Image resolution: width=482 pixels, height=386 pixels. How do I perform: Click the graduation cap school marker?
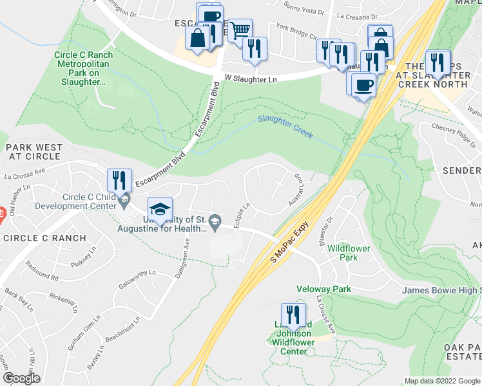click(160, 210)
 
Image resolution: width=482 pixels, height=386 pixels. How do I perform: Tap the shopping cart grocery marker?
click(240, 30)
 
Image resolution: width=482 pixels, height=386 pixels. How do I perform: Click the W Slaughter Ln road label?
click(251, 78)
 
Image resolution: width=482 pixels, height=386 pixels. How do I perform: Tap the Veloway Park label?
click(323, 289)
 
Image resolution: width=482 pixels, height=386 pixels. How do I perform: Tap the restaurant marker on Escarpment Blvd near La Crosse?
click(119, 180)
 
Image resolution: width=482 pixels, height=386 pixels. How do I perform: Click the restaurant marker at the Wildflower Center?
click(293, 315)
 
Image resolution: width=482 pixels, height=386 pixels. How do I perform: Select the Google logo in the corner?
click(21, 378)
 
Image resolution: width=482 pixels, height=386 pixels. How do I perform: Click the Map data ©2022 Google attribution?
click(442, 381)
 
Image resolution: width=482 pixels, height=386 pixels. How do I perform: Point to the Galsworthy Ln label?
click(138, 281)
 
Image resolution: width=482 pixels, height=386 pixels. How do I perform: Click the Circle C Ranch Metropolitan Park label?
click(84, 64)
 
